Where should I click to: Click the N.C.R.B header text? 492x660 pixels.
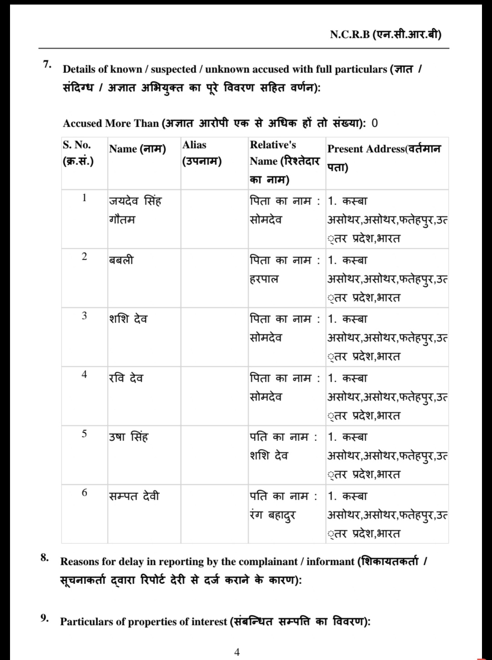pyautogui.click(x=385, y=34)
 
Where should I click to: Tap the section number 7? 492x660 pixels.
pyautogui.click(x=47, y=64)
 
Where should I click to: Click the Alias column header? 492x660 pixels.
pyautogui.click(x=202, y=153)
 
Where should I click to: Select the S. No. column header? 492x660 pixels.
pyautogui.click(x=78, y=153)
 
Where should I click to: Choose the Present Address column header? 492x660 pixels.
pyautogui.click(x=384, y=158)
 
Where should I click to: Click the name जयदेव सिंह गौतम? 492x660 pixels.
pyautogui.click(x=135, y=210)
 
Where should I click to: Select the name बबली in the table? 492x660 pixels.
pyautogui.click(x=121, y=260)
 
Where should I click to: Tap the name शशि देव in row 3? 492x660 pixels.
pyautogui.click(x=128, y=319)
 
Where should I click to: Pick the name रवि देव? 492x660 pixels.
pyautogui.click(x=126, y=378)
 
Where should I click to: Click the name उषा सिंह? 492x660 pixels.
pyautogui.click(x=128, y=437)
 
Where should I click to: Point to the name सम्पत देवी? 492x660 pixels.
pyautogui.click(x=134, y=496)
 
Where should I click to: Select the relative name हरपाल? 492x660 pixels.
pyautogui.click(x=264, y=279)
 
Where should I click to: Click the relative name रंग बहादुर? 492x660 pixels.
pyautogui.click(x=273, y=515)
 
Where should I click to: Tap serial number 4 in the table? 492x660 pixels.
pyautogui.click(x=84, y=374)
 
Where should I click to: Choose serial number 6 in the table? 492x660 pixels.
pyautogui.click(x=84, y=492)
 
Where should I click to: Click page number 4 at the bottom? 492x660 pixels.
pyautogui.click(x=237, y=652)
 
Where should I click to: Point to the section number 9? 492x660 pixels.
pyautogui.click(x=44, y=618)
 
